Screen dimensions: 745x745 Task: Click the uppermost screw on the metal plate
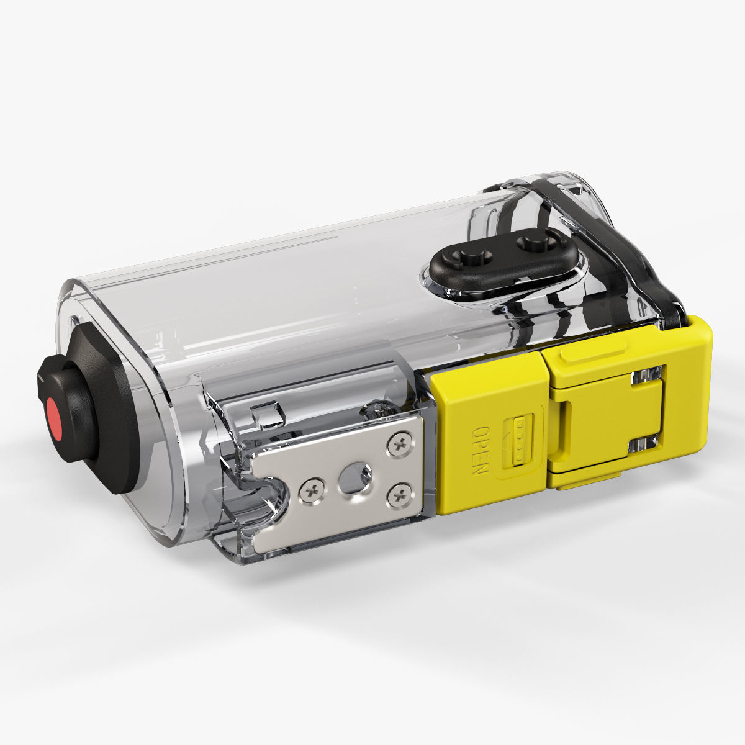click(x=397, y=443)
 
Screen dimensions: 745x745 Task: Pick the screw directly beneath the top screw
click(x=397, y=495)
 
